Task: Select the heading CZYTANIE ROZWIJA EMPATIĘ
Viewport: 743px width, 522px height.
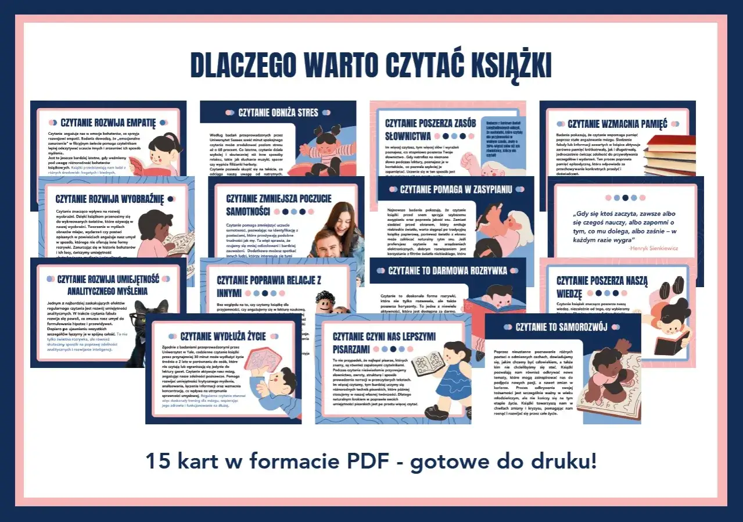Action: pyautogui.click(x=109, y=123)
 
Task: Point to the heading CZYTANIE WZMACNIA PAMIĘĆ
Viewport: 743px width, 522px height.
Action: pyautogui.click(x=618, y=123)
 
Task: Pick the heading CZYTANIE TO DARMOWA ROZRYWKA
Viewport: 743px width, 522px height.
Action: pyautogui.click(x=447, y=270)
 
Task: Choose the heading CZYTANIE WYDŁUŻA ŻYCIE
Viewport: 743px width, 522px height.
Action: pyautogui.click(x=223, y=335)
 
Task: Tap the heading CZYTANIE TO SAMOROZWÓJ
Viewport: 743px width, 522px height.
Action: pyautogui.click(x=561, y=327)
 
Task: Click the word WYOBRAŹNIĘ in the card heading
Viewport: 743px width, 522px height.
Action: pyautogui.click(x=134, y=198)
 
